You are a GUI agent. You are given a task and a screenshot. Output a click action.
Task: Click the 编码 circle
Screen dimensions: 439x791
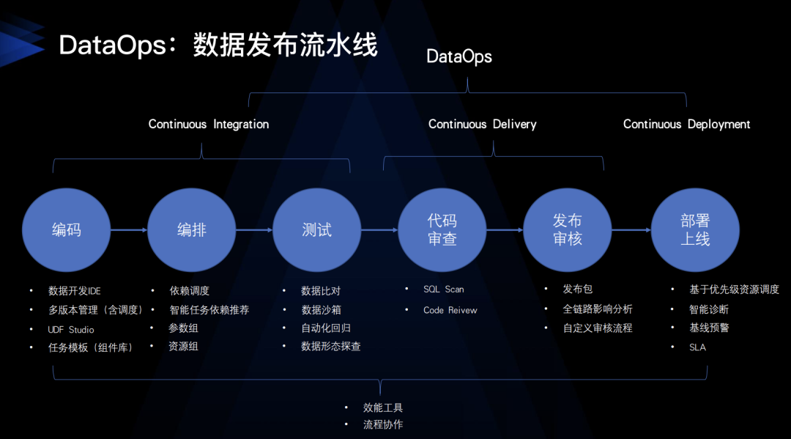click(67, 230)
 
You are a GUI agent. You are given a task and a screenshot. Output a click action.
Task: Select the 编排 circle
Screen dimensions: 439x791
click(192, 230)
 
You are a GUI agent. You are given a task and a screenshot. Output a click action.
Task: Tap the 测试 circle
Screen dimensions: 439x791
click(317, 230)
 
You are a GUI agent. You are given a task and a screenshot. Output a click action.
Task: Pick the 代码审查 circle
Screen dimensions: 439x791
click(442, 230)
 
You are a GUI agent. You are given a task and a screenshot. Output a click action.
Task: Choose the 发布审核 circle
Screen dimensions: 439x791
click(568, 230)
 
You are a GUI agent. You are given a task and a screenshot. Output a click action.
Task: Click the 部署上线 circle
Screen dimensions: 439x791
click(695, 230)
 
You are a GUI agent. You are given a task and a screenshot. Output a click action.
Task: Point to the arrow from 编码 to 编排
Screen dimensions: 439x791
click(129, 230)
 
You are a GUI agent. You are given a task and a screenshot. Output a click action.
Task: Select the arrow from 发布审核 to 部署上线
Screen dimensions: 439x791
click(631, 230)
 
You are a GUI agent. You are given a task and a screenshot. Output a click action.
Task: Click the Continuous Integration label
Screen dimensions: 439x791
click(209, 124)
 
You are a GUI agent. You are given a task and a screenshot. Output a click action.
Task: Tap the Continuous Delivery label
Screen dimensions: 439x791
click(482, 124)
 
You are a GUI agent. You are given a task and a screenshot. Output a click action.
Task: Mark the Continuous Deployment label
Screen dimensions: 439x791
click(686, 124)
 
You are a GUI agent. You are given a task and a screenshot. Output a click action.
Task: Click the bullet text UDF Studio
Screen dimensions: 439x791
click(71, 330)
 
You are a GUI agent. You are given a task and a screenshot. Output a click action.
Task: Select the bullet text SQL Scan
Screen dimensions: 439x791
click(443, 289)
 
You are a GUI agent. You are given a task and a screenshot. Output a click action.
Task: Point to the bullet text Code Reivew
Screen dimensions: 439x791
click(450, 310)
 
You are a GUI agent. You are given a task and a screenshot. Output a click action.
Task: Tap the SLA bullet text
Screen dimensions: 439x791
click(697, 347)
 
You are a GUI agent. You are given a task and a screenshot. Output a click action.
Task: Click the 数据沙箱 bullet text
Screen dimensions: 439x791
click(321, 310)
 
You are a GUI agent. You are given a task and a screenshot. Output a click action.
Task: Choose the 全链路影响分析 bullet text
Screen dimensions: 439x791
click(597, 309)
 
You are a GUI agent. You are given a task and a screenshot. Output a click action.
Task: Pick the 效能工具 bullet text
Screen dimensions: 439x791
click(383, 407)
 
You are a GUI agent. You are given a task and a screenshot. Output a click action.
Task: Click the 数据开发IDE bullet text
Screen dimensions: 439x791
click(75, 291)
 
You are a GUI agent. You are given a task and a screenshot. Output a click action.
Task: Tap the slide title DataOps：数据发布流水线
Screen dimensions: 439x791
click(218, 45)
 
